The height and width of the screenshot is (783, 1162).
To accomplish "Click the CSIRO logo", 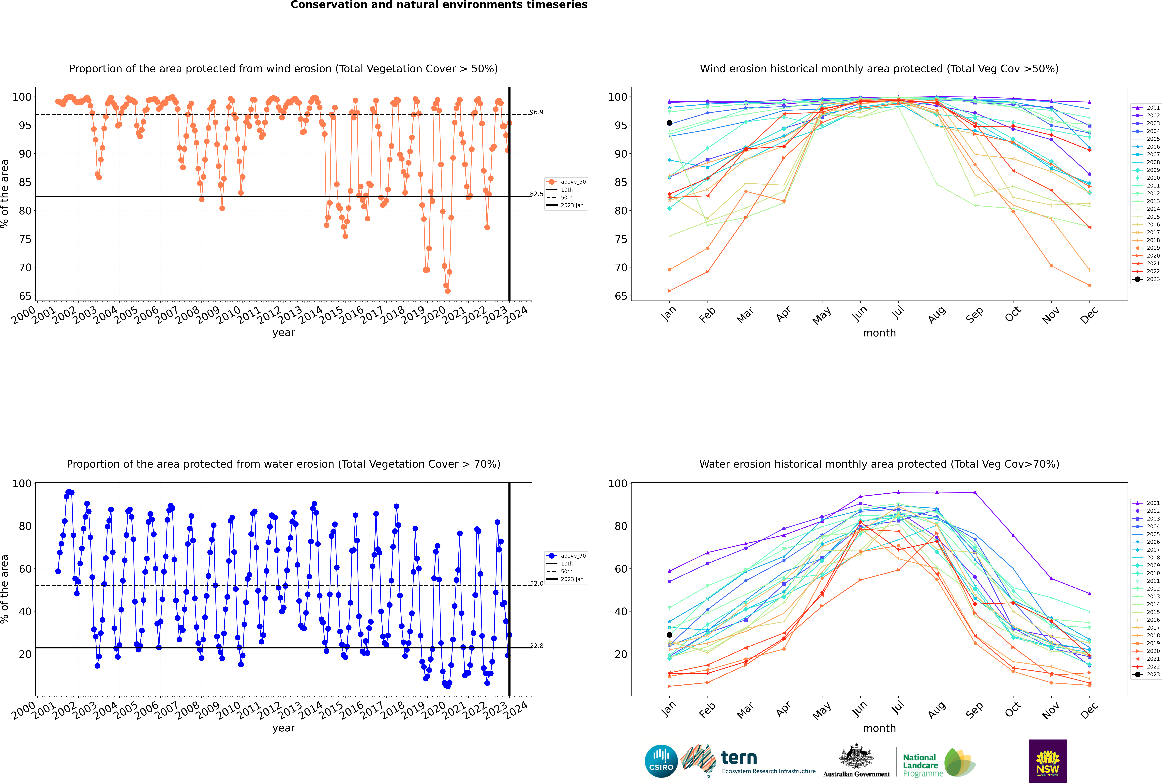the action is tap(661, 761).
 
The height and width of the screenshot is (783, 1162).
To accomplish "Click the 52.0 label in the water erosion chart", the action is tap(537, 583).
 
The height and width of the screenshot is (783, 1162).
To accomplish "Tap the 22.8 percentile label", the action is tap(537, 646).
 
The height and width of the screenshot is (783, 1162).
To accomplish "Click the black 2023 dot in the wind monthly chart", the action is tap(669, 123).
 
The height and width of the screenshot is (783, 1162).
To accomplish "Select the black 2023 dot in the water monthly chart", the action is tap(669, 635).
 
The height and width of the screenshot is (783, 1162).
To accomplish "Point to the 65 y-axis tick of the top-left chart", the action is tap(25, 296).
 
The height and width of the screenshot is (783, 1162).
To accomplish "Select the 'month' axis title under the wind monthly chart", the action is tap(879, 333).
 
